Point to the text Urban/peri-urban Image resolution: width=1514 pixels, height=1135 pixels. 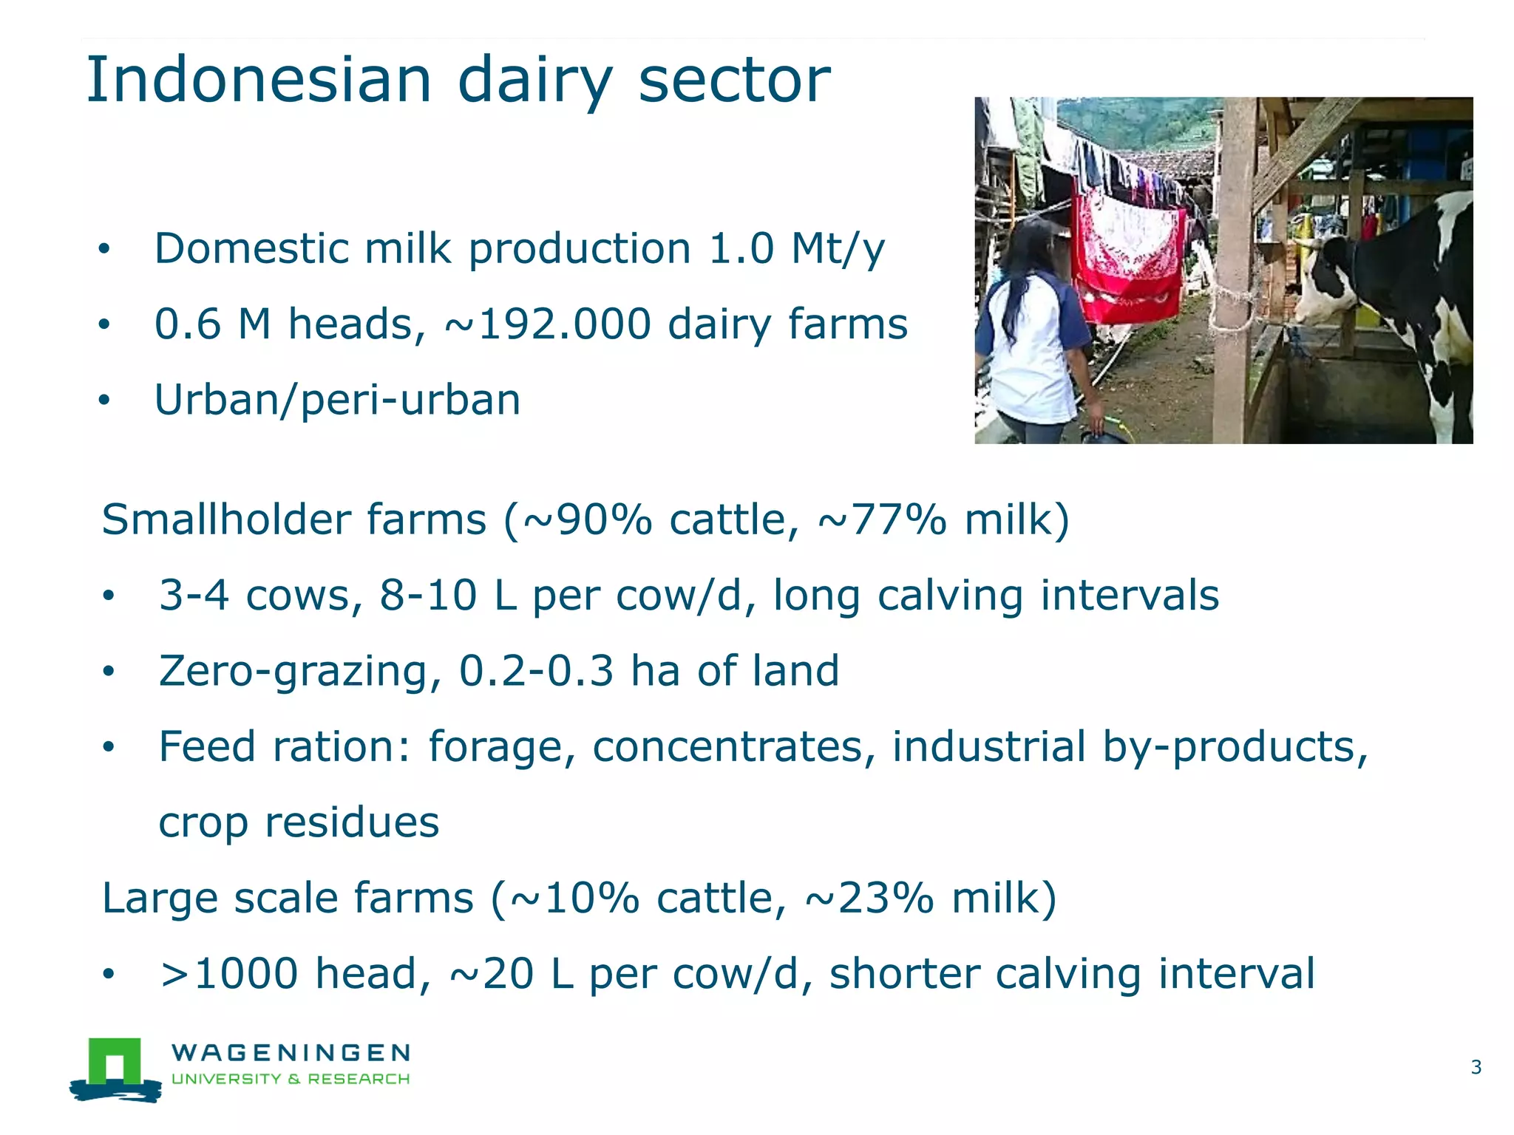click(337, 401)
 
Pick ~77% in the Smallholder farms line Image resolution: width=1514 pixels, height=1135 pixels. click(882, 519)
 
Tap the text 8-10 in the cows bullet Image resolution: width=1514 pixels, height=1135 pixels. click(428, 595)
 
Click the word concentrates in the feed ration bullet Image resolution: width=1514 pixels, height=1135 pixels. click(728, 746)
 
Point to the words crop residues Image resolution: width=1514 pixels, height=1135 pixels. click(299, 822)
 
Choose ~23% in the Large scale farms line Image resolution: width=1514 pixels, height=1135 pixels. click(869, 898)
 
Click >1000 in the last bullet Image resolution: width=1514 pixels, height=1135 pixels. click(228, 973)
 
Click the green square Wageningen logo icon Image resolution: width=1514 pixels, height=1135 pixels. click(115, 1064)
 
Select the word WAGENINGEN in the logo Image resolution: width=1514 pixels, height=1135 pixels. click(291, 1052)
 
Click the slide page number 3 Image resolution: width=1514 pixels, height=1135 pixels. click(1476, 1067)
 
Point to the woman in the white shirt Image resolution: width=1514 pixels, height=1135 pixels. click(1035, 333)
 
